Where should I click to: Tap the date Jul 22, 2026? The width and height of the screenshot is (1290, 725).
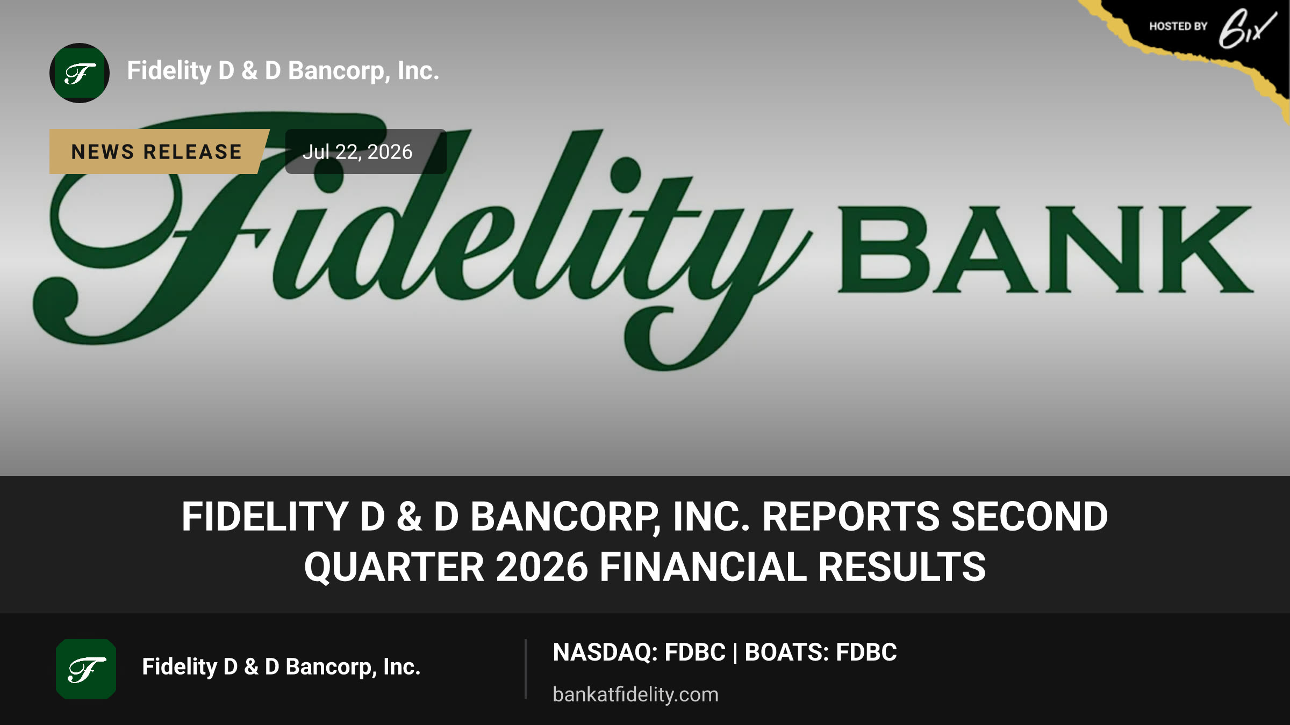point(357,152)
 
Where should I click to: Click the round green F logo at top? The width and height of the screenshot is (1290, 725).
point(80,73)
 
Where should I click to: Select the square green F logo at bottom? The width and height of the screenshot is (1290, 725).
point(86,669)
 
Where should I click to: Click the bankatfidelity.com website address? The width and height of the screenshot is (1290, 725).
point(635,694)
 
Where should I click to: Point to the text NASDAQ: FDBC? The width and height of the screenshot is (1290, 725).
point(639,653)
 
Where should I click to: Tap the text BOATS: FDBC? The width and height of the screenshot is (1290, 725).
point(820,653)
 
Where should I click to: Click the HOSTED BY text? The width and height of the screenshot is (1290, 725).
point(1178,26)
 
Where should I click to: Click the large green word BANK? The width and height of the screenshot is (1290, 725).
point(1045,249)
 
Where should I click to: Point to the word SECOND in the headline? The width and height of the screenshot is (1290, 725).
point(1029,517)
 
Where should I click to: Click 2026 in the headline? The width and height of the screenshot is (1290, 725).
point(542,567)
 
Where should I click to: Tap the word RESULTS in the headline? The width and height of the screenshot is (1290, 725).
point(902,567)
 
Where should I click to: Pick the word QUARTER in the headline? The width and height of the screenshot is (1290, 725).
point(394,567)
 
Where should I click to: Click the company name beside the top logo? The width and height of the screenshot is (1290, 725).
point(283,71)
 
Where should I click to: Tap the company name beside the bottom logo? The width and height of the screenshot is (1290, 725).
point(281,667)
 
